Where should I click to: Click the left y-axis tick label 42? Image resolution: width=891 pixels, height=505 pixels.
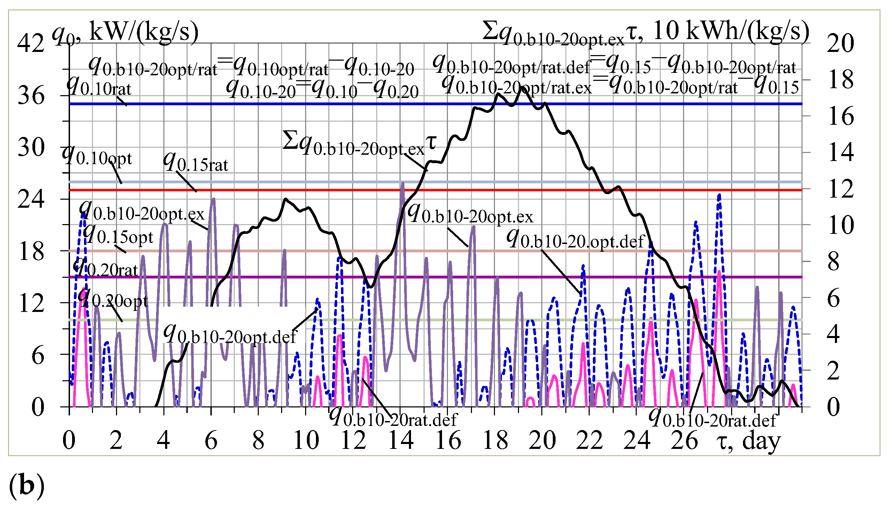tap(31, 44)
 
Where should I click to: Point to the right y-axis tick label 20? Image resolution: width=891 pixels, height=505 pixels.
tap(840, 44)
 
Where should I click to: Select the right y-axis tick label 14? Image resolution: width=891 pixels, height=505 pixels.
tap(841, 152)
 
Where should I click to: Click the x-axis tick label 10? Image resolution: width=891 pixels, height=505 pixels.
tap(306, 441)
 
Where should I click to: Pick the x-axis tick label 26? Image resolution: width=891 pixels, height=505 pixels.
tap(684, 441)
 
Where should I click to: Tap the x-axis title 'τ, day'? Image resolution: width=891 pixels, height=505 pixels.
tap(748, 441)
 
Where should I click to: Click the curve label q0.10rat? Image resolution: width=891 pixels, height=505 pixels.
tap(99, 86)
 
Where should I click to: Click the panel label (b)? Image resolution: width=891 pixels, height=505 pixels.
tap(26, 485)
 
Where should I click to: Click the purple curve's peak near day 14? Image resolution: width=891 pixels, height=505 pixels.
tap(403, 183)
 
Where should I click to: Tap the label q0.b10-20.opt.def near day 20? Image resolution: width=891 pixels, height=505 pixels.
tap(575, 239)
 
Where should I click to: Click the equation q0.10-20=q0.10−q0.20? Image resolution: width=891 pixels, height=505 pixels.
tap(322, 90)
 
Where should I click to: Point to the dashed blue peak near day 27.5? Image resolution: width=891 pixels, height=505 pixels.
tap(720, 195)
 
